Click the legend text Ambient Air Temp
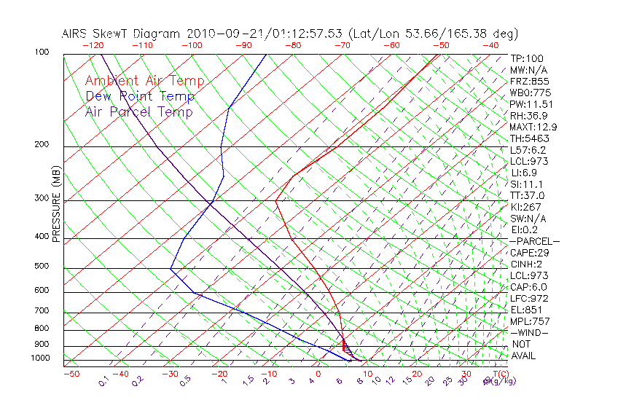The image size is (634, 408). tap(144, 81)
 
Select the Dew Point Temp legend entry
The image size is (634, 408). tap(140, 96)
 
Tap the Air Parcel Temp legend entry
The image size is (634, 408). tap(138, 111)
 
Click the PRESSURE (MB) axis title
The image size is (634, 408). tap(56, 204)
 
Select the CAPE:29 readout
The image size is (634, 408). tap(530, 253)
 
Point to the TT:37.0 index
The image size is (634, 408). tap(528, 196)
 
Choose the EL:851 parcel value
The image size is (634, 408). tap(527, 310)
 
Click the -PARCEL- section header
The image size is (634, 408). tap(534, 241)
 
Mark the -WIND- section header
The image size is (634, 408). tap(529, 332)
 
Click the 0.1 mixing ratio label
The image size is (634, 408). tap(103, 380)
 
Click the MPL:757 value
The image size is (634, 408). tap(529, 321)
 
